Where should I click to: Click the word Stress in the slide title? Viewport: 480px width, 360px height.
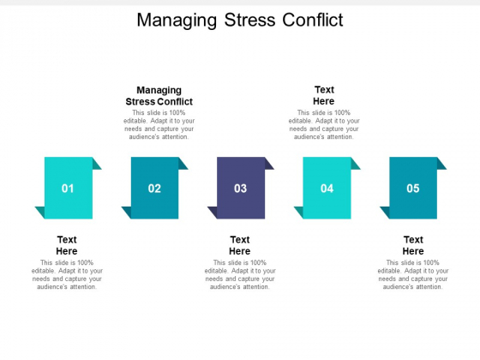(x=249, y=21)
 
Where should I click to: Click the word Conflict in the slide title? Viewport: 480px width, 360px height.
(x=313, y=21)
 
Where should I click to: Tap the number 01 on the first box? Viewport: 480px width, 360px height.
(x=68, y=189)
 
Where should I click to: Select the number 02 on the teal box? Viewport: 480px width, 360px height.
(x=154, y=189)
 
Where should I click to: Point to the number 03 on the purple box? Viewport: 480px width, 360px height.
(x=240, y=189)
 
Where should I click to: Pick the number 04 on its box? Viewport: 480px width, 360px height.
(x=327, y=189)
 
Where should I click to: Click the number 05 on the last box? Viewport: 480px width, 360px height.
(x=413, y=189)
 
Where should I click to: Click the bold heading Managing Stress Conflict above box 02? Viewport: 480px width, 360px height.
(x=159, y=95)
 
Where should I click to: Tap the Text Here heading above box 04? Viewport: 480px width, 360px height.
(x=324, y=95)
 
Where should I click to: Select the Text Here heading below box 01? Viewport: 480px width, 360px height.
(x=67, y=245)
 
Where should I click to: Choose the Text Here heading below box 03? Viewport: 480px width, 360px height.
(x=240, y=245)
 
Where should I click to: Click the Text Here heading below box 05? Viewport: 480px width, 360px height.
(x=413, y=245)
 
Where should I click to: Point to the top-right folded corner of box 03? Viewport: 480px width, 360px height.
(x=268, y=164)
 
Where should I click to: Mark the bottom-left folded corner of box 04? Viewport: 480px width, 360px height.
(x=300, y=212)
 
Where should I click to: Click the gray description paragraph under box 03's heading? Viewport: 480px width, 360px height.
(x=240, y=274)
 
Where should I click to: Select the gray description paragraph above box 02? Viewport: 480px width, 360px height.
(x=159, y=124)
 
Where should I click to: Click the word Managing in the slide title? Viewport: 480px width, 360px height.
(x=177, y=21)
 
